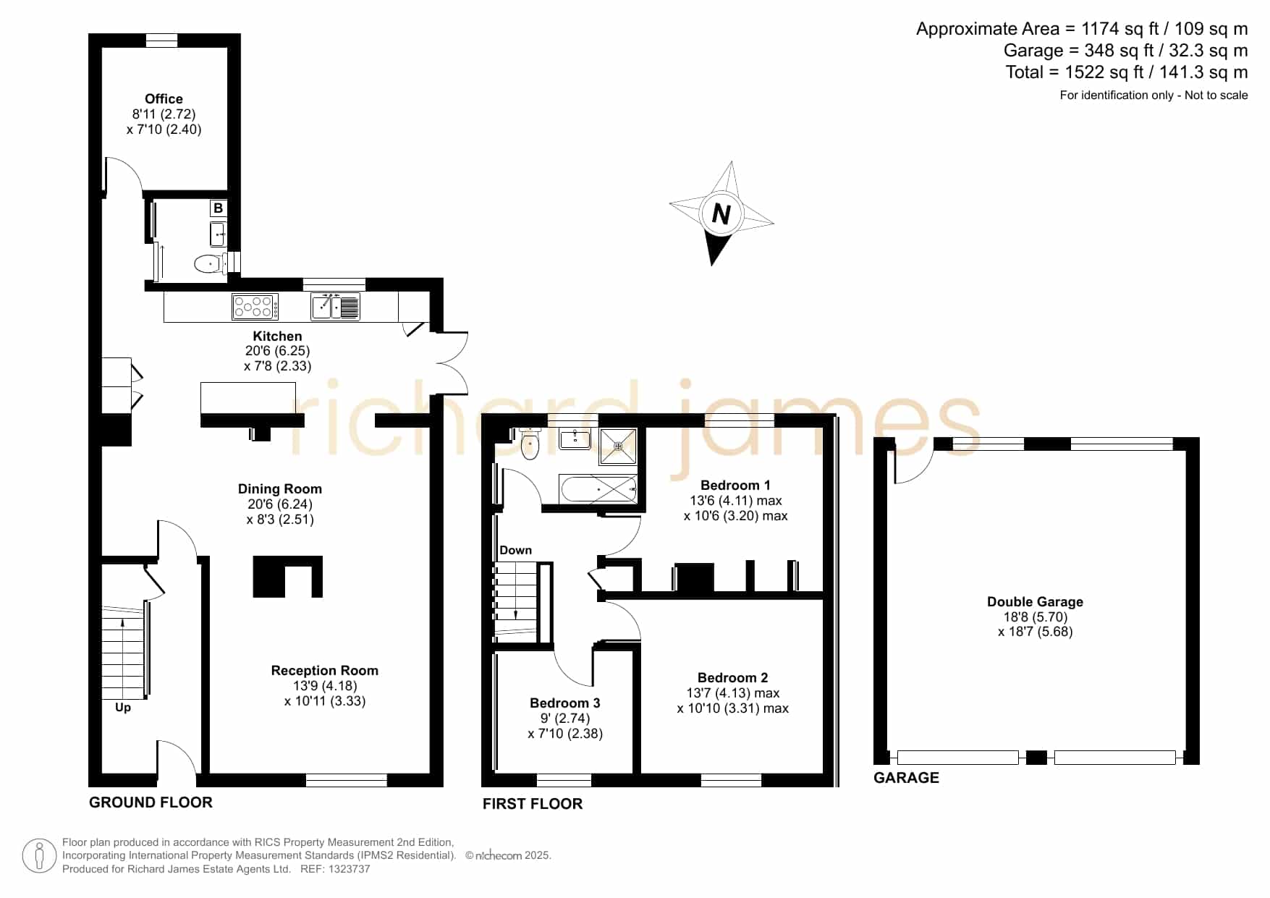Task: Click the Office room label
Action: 164,99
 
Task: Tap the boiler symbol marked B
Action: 218,208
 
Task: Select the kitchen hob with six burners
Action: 255,307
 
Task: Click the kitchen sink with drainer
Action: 335,307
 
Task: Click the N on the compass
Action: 721,214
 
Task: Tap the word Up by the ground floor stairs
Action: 123,708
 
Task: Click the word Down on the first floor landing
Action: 515,551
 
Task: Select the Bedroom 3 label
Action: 565,703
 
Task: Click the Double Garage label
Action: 1035,602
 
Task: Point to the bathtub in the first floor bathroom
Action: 598,489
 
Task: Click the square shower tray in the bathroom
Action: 618,446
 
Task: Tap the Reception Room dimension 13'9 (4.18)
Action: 325,686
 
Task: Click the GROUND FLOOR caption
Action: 151,802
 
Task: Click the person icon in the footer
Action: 39,856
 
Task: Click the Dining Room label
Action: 280,489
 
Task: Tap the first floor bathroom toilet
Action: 530,444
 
